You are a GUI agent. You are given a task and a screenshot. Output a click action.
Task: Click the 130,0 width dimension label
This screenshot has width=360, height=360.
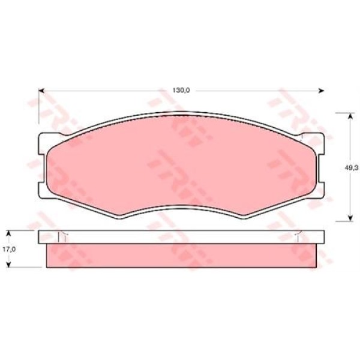coord(181,91)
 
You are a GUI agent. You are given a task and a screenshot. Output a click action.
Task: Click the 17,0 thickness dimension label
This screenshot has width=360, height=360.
coord(9,250)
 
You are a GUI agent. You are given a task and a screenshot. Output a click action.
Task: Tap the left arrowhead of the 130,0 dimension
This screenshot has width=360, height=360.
coord(41,91)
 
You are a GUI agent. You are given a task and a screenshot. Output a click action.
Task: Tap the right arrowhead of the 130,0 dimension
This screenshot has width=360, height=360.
coord(321,91)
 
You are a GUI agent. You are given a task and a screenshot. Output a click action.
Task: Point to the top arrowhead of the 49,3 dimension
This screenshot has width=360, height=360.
coord(350,116)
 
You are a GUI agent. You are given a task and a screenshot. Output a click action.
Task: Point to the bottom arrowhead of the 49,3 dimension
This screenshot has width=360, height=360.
coord(350,218)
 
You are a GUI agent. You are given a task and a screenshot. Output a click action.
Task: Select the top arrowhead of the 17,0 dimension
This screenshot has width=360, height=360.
coord(8,233)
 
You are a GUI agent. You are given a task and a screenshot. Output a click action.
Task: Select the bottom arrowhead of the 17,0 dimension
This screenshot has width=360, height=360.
coord(8,265)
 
